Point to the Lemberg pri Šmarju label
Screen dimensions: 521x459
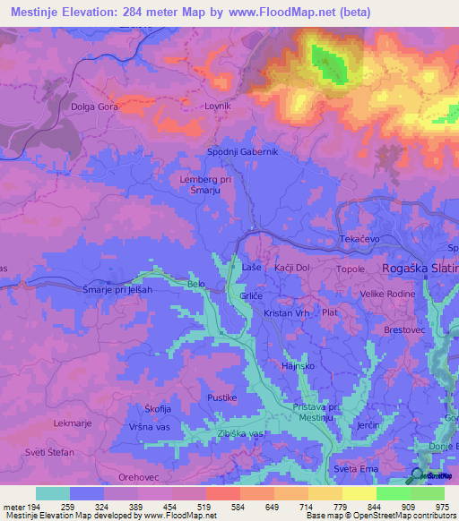205,184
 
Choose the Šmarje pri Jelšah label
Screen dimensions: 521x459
117,289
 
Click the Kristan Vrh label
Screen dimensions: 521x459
286,313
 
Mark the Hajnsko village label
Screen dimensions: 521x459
297,366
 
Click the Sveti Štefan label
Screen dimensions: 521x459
50,452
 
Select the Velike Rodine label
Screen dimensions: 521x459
386,294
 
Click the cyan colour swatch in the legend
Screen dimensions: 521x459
53,493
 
